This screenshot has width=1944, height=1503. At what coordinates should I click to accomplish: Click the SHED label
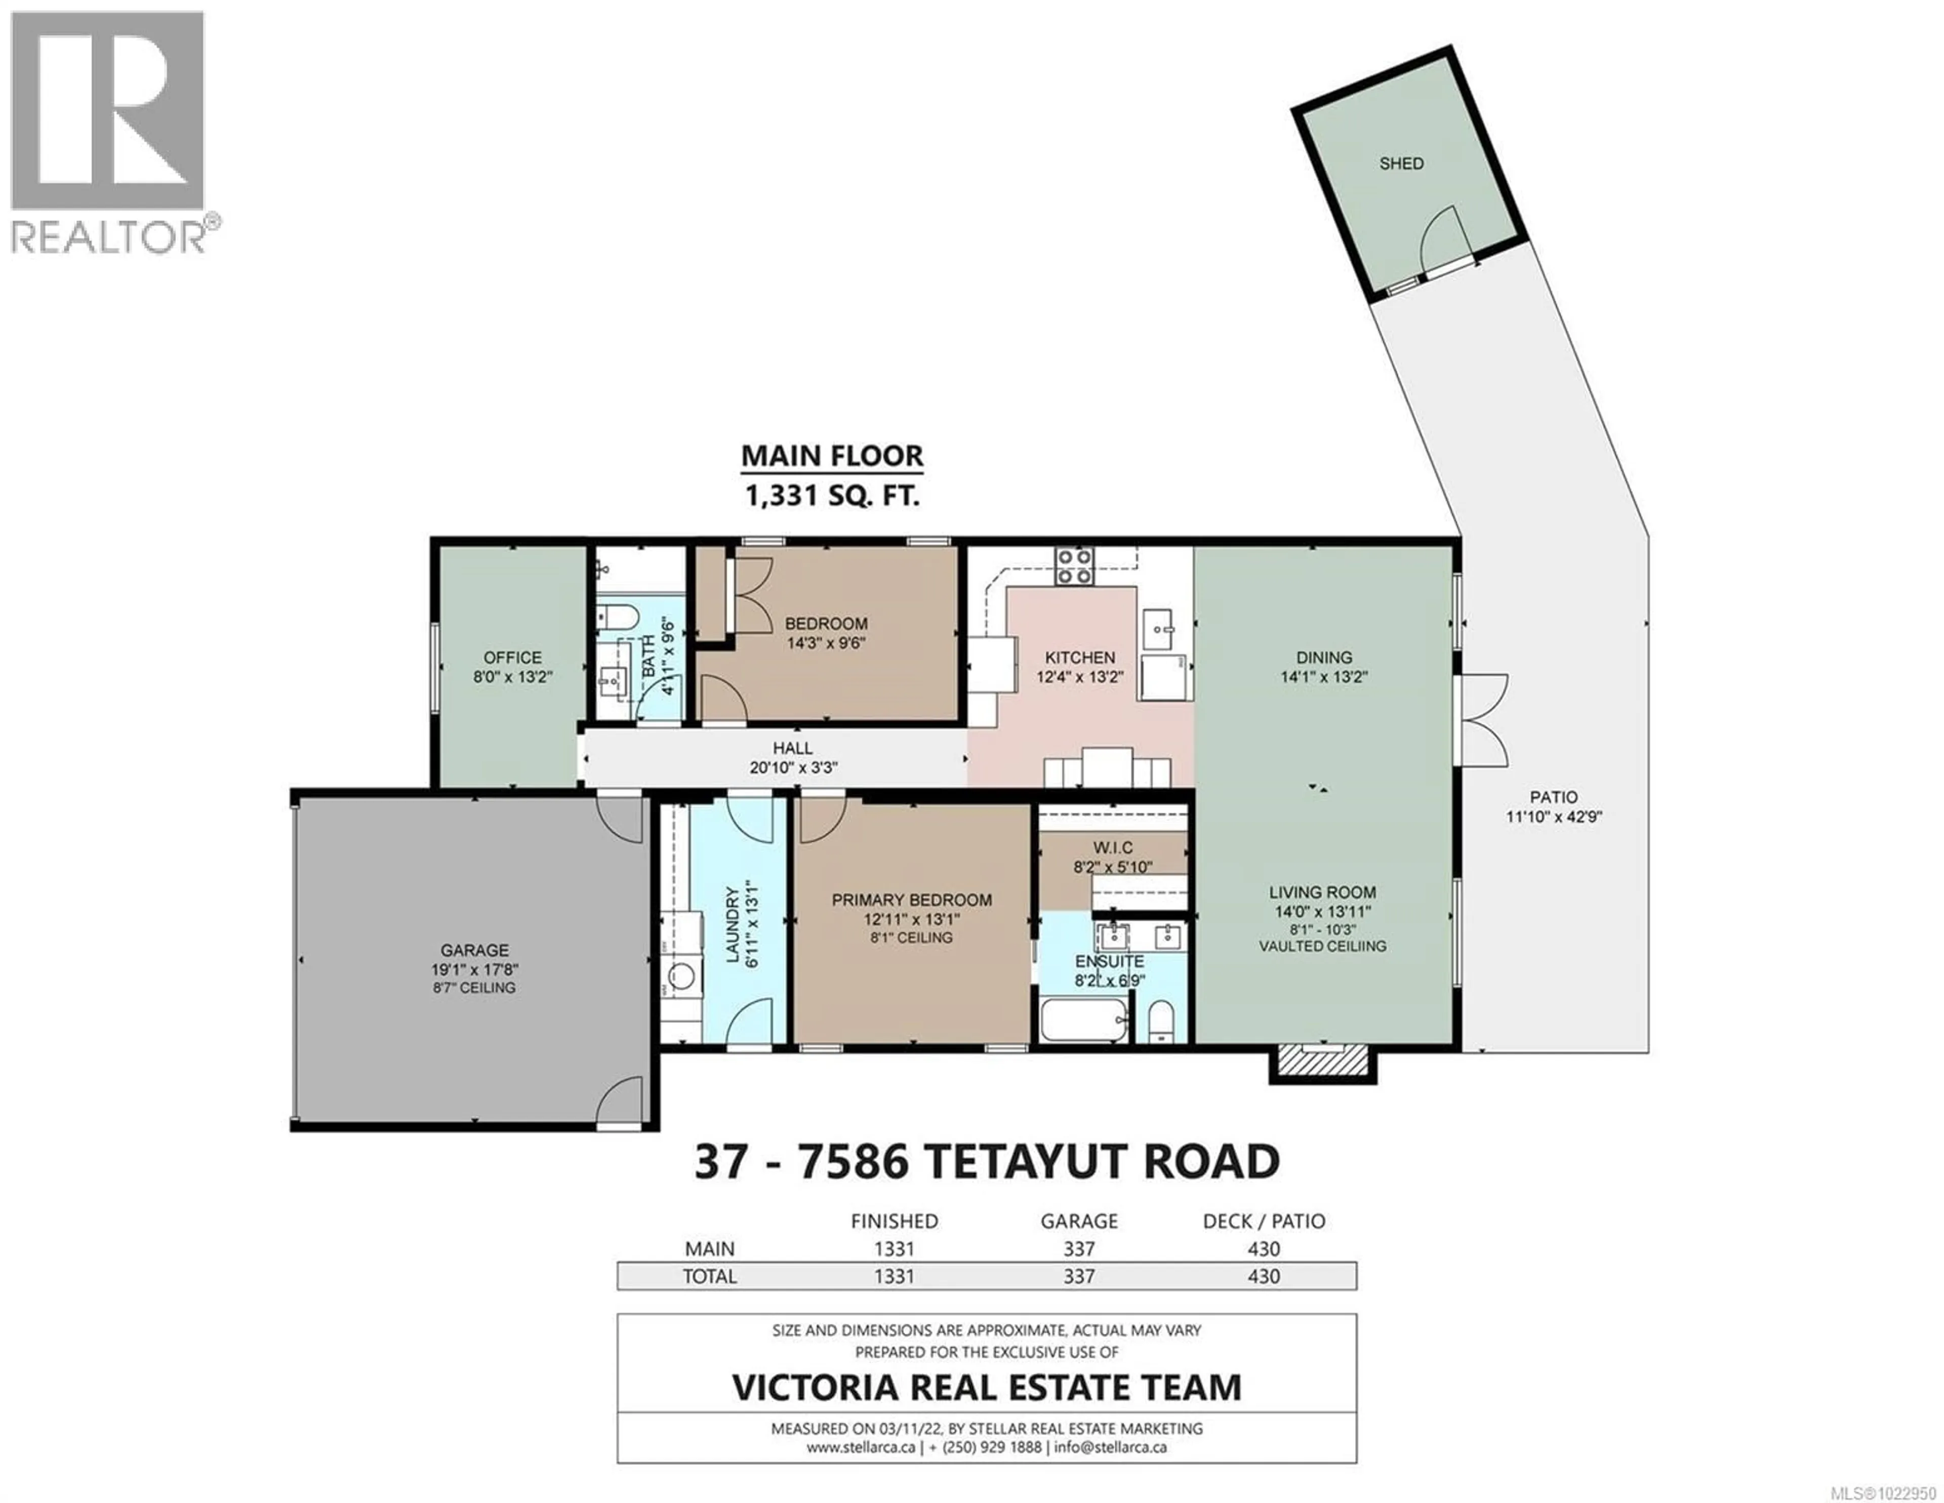click(1401, 164)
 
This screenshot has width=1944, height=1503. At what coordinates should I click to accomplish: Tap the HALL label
click(792, 748)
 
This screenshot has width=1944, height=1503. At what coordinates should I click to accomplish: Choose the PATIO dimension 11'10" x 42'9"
click(1553, 817)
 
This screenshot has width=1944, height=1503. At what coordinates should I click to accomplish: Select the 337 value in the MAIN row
click(1079, 1249)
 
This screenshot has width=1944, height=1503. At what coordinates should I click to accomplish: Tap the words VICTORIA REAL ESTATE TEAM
click(986, 1387)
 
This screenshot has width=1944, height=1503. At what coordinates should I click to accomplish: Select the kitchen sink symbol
click(1158, 631)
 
